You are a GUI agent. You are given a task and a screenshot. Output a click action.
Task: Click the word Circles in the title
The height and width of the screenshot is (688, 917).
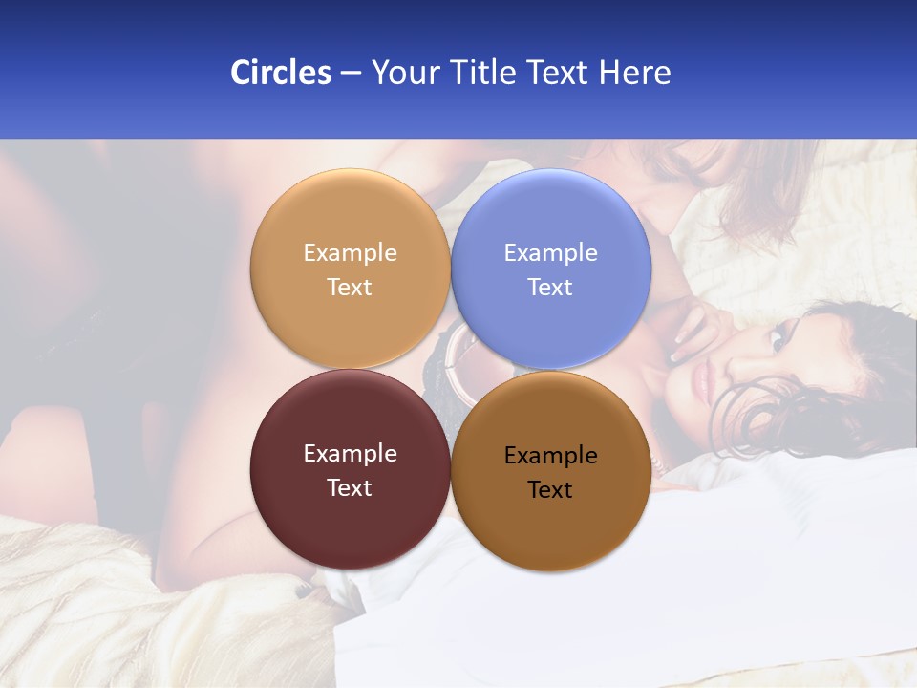coord(280,73)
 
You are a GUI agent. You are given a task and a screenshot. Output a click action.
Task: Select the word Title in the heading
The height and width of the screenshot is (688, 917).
coord(482,73)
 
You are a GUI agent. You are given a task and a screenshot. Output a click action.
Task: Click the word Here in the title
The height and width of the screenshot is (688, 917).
coord(635,73)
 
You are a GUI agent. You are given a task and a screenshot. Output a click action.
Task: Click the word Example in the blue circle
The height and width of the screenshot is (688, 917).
coord(550,253)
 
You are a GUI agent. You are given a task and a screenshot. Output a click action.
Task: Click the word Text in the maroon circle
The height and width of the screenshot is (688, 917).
coord(350,488)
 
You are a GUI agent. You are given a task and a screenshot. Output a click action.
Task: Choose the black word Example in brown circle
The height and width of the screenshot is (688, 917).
coord(550,456)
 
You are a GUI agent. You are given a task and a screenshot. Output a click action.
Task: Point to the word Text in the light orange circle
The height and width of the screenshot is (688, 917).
coord(350,288)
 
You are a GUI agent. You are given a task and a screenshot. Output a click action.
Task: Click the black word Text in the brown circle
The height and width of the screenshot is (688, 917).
coord(550,490)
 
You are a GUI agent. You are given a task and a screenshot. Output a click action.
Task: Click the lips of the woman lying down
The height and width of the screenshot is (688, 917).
coord(702,382)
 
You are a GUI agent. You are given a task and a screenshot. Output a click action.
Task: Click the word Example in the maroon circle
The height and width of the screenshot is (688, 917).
coord(350,454)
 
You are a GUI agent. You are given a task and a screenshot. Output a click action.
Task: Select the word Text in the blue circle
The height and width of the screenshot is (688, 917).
coord(550,288)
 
